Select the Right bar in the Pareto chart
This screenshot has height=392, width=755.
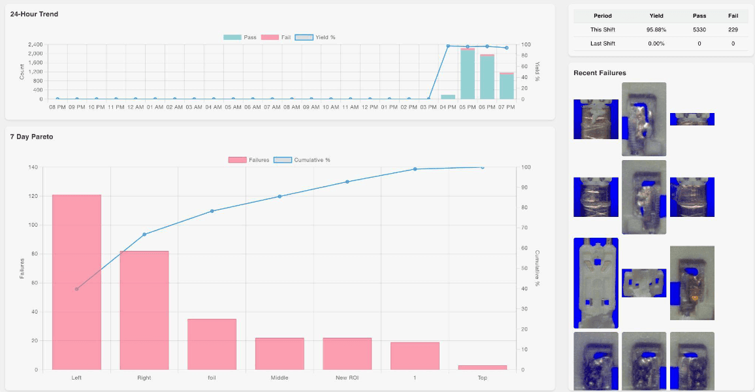click(144, 310)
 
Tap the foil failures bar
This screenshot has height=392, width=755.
click(212, 344)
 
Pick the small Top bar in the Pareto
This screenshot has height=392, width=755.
click(482, 367)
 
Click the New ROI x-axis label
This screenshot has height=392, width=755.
click(347, 378)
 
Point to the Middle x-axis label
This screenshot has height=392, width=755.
click(280, 378)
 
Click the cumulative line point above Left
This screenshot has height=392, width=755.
click(76, 289)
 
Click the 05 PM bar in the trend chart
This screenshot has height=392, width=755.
click(467, 74)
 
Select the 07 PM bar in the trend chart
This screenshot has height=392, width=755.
click(506, 86)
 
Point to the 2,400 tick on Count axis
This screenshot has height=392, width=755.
click(35, 44)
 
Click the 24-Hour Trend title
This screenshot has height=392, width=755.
click(34, 14)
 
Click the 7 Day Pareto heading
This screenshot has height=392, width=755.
click(31, 137)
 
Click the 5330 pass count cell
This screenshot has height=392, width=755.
click(698, 29)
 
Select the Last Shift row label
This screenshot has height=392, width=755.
click(602, 44)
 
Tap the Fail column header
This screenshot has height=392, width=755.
click(733, 16)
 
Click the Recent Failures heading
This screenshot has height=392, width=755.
click(600, 73)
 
